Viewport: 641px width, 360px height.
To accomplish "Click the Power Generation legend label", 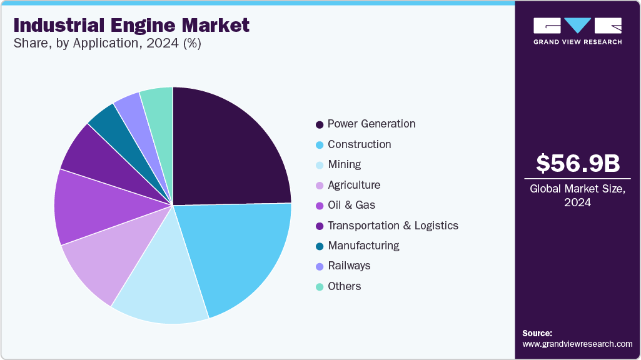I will pos(371,124).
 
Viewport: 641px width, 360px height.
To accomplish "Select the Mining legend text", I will pos(344,164).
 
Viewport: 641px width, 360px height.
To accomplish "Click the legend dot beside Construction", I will pos(320,145).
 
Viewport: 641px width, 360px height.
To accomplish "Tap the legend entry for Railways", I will pos(349,266).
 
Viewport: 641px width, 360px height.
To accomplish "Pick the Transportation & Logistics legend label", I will pos(393,225).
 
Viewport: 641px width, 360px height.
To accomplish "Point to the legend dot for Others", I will pos(320,287).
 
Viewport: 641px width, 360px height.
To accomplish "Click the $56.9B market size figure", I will pos(578,163).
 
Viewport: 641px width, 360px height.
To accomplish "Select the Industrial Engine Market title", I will pos(131,25).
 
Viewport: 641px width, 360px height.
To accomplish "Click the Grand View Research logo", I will pos(577,30).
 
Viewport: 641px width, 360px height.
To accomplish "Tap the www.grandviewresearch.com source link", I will pos(577,344).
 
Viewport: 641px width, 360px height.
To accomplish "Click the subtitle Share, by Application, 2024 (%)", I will pos(107,44).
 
